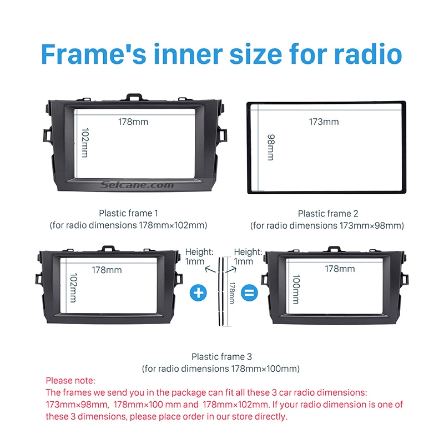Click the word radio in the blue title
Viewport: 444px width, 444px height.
point(368,54)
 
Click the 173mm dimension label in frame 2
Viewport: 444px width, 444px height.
point(324,122)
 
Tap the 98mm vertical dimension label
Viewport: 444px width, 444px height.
point(271,147)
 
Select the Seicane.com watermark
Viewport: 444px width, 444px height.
point(137,185)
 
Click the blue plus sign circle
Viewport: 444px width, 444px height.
point(198,292)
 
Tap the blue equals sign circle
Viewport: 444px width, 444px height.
point(249,292)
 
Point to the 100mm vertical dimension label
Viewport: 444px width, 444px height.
point(296,289)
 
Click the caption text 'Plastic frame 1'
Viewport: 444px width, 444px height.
point(128,213)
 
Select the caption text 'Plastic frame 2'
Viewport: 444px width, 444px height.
point(328,213)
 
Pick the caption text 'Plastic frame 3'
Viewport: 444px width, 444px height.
point(221,356)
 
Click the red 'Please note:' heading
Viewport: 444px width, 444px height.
point(70,380)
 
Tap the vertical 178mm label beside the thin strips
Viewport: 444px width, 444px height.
point(232,293)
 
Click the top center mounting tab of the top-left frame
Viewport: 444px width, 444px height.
point(134,97)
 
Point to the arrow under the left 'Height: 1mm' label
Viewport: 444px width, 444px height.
point(210,269)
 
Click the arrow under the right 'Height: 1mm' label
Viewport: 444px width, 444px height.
point(231,269)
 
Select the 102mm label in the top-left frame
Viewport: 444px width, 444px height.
point(85,143)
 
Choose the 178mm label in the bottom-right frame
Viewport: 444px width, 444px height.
point(340,269)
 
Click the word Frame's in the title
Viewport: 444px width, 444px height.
point(93,54)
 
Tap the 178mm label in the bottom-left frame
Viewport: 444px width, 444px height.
point(107,270)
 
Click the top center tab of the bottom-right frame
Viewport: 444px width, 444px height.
point(334,249)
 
